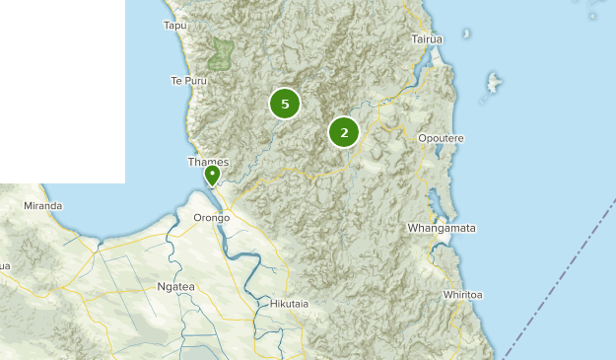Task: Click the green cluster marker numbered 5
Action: pyautogui.click(x=285, y=104)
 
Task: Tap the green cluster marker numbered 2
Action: pyautogui.click(x=344, y=131)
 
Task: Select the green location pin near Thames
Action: pyautogui.click(x=212, y=176)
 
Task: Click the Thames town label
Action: pyautogui.click(x=208, y=162)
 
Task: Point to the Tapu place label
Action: pyautogui.click(x=174, y=25)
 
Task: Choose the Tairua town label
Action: pyautogui.click(x=427, y=38)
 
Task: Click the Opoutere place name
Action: pyautogui.click(x=441, y=138)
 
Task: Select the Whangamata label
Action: pyautogui.click(x=442, y=228)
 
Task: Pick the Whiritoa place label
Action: pyautogui.click(x=462, y=295)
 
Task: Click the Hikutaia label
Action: pyautogui.click(x=289, y=304)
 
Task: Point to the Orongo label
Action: pyautogui.click(x=212, y=217)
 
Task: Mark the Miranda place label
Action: pyautogui.click(x=43, y=205)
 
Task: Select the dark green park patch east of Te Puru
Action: pyautogui.click(x=223, y=53)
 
